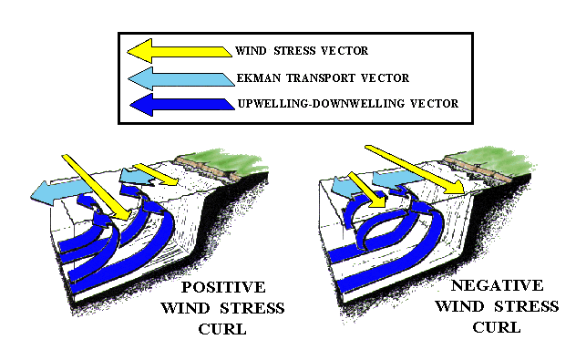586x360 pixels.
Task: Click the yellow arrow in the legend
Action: (180, 51)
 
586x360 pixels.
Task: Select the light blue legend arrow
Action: (181, 79)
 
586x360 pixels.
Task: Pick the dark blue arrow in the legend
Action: (182, 105)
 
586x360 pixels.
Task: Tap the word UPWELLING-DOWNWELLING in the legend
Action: (321, 104)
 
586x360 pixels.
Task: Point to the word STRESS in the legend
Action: (295, 50)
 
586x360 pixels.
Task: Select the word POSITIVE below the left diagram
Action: (223, 287)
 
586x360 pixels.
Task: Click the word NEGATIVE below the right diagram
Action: (497, 285)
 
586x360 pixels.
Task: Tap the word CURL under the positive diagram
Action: (222, 329)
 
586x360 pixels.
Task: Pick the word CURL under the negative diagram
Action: (497, 327)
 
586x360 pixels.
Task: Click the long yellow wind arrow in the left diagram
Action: (97, 187)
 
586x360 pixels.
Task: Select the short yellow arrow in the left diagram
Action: (156, 174)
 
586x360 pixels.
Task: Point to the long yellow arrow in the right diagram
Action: (415, 170)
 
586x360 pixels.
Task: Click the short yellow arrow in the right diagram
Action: (366, 190)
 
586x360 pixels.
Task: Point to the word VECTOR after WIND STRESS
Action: (344, 50)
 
